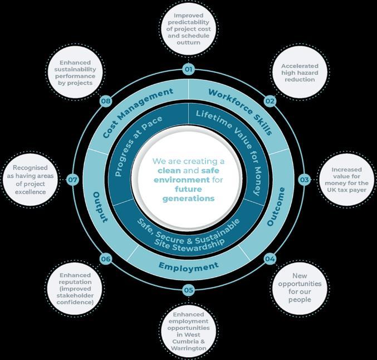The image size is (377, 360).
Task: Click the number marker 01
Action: [189, 70]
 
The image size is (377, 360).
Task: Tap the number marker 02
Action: [270, 101]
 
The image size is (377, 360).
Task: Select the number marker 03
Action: [304, 179]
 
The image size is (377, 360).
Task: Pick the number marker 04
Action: [270, 259]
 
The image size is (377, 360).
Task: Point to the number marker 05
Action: [189, 290]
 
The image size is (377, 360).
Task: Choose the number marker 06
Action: [106, 259]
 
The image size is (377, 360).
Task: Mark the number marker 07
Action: [73, 179]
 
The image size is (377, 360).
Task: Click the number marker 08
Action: [106, 101]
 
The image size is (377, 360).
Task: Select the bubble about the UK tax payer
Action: [346, 179]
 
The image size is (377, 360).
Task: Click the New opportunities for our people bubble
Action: [300, 287]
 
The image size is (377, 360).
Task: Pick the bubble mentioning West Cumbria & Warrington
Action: [190, 332]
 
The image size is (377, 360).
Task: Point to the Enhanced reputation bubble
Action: [76, 288]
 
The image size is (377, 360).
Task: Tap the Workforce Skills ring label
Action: [240, 110]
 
